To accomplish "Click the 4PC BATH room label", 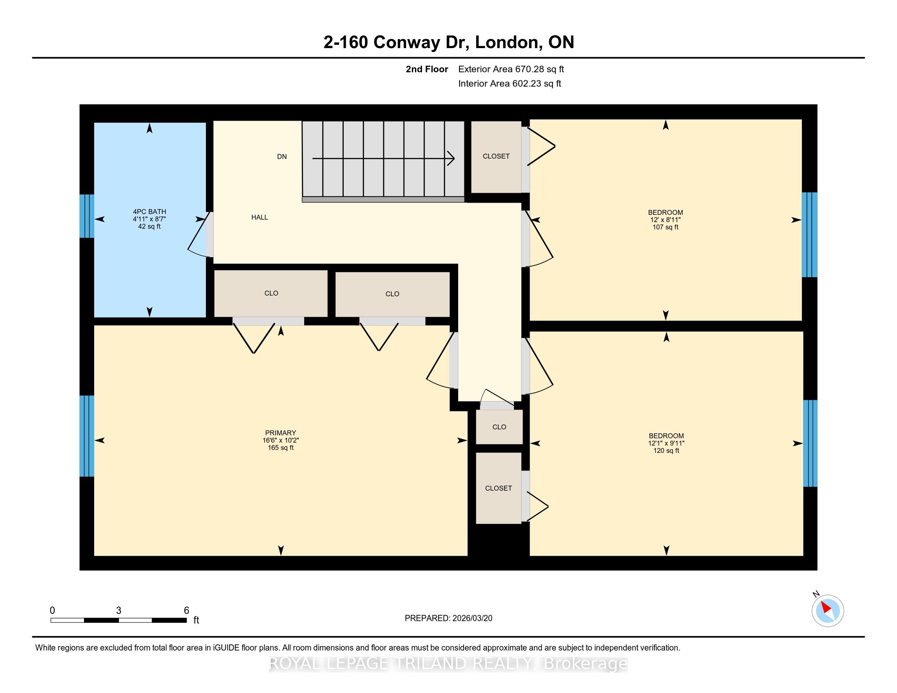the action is (x=149, y=212).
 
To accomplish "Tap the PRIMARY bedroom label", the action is (x=281, y=433).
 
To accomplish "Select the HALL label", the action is (x=260, y=217).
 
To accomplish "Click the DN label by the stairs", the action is (x=282, y=157).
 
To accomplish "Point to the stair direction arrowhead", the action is (x=451, y=158).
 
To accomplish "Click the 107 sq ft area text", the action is (x=665, y=227).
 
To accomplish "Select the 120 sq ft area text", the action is (x=666, y=450).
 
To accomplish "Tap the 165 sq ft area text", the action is (x=281, y=448).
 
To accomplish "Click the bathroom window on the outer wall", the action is (x=87, y=216).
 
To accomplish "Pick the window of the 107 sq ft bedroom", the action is (x=809, y=235).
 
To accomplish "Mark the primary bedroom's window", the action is (x=87, y=436).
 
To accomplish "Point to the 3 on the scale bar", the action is (x=119, y=611).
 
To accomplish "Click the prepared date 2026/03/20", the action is (x=472, y=618).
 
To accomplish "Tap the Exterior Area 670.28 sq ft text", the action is (x=511, y=69).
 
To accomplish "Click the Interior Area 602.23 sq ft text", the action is (x=510, y=84).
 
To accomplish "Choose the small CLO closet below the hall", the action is (x=499, y=427).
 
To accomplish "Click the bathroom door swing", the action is (x=200, y=235).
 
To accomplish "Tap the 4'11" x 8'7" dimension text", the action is (x=149, y=219).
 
